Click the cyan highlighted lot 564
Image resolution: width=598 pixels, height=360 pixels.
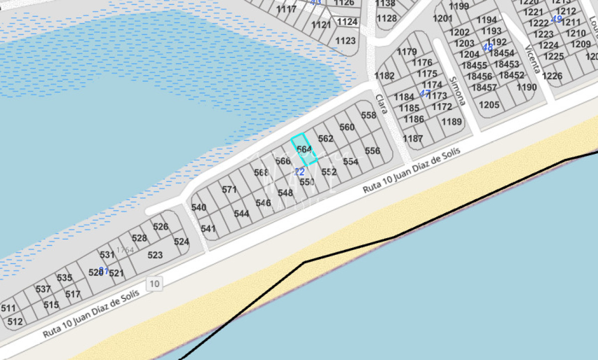coord(304,149)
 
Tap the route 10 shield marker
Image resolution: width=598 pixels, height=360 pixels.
coord(154,284)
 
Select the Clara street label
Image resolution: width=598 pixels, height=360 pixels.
coord(381,104)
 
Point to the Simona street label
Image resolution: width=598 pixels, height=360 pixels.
coord(456,91)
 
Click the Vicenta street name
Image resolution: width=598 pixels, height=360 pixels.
coord(533,59)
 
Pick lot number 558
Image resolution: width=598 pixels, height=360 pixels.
coord(369,116)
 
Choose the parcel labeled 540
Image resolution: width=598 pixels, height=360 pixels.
coord(199,208)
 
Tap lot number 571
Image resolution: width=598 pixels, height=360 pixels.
coord(229,190)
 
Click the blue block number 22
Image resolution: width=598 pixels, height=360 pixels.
coord(299,172)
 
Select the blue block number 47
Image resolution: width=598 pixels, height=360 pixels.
coord(425,93)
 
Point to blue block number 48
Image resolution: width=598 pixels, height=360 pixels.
coord(487,47)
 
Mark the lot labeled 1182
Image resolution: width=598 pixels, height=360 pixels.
coord(384,76)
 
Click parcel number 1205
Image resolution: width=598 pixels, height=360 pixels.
coord(489,105)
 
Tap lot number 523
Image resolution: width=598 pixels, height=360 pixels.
coord(155,255)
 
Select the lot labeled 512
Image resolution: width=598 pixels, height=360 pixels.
coord(15,322)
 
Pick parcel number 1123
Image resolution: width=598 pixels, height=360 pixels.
coord(345,41)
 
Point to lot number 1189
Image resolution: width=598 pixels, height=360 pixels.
coord(452,121)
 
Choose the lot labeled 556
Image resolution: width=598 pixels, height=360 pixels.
coord(372,151)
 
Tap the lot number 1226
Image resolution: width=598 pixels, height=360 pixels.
coord(552,76)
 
